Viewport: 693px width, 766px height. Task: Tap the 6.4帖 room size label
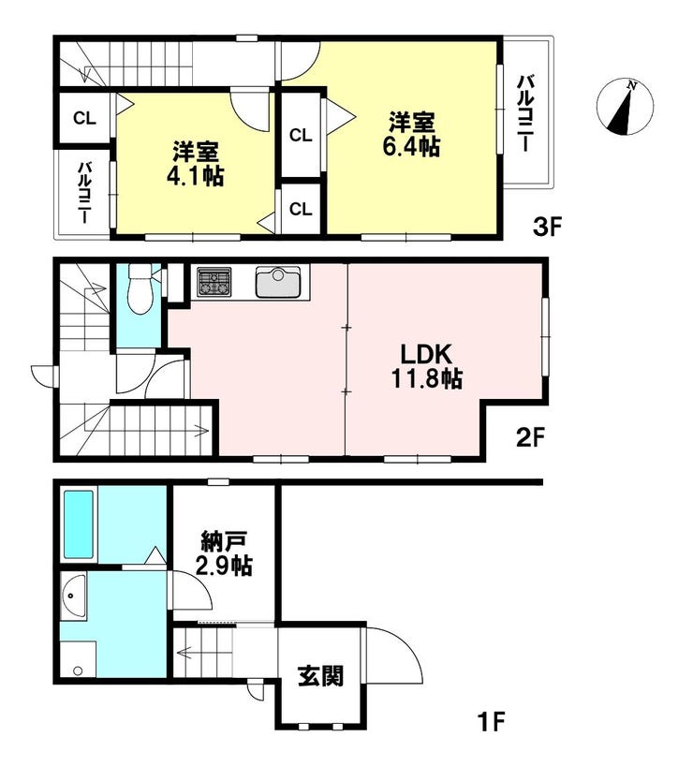click(411, 146)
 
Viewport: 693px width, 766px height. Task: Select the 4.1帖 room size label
click(195, 176)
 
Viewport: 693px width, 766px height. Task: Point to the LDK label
click(427, 354)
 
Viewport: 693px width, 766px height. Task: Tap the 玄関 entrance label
click(321, 676)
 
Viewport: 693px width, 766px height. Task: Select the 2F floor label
click(530, 437)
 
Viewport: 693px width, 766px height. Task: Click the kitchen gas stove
click(214, 282)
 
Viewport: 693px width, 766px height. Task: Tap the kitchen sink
click(277, 282)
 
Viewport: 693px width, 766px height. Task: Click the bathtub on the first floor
click(79, 524)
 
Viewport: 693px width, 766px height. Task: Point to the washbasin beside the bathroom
click(74, 597)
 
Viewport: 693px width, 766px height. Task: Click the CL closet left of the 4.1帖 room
click(84, 118)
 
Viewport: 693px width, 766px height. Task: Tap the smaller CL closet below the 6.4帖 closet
click(301, 210)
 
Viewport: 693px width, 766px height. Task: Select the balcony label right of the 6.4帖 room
click(526, 113)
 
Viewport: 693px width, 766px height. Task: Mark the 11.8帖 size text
click(427, 378)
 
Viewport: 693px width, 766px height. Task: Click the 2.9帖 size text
click(224, 567)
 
